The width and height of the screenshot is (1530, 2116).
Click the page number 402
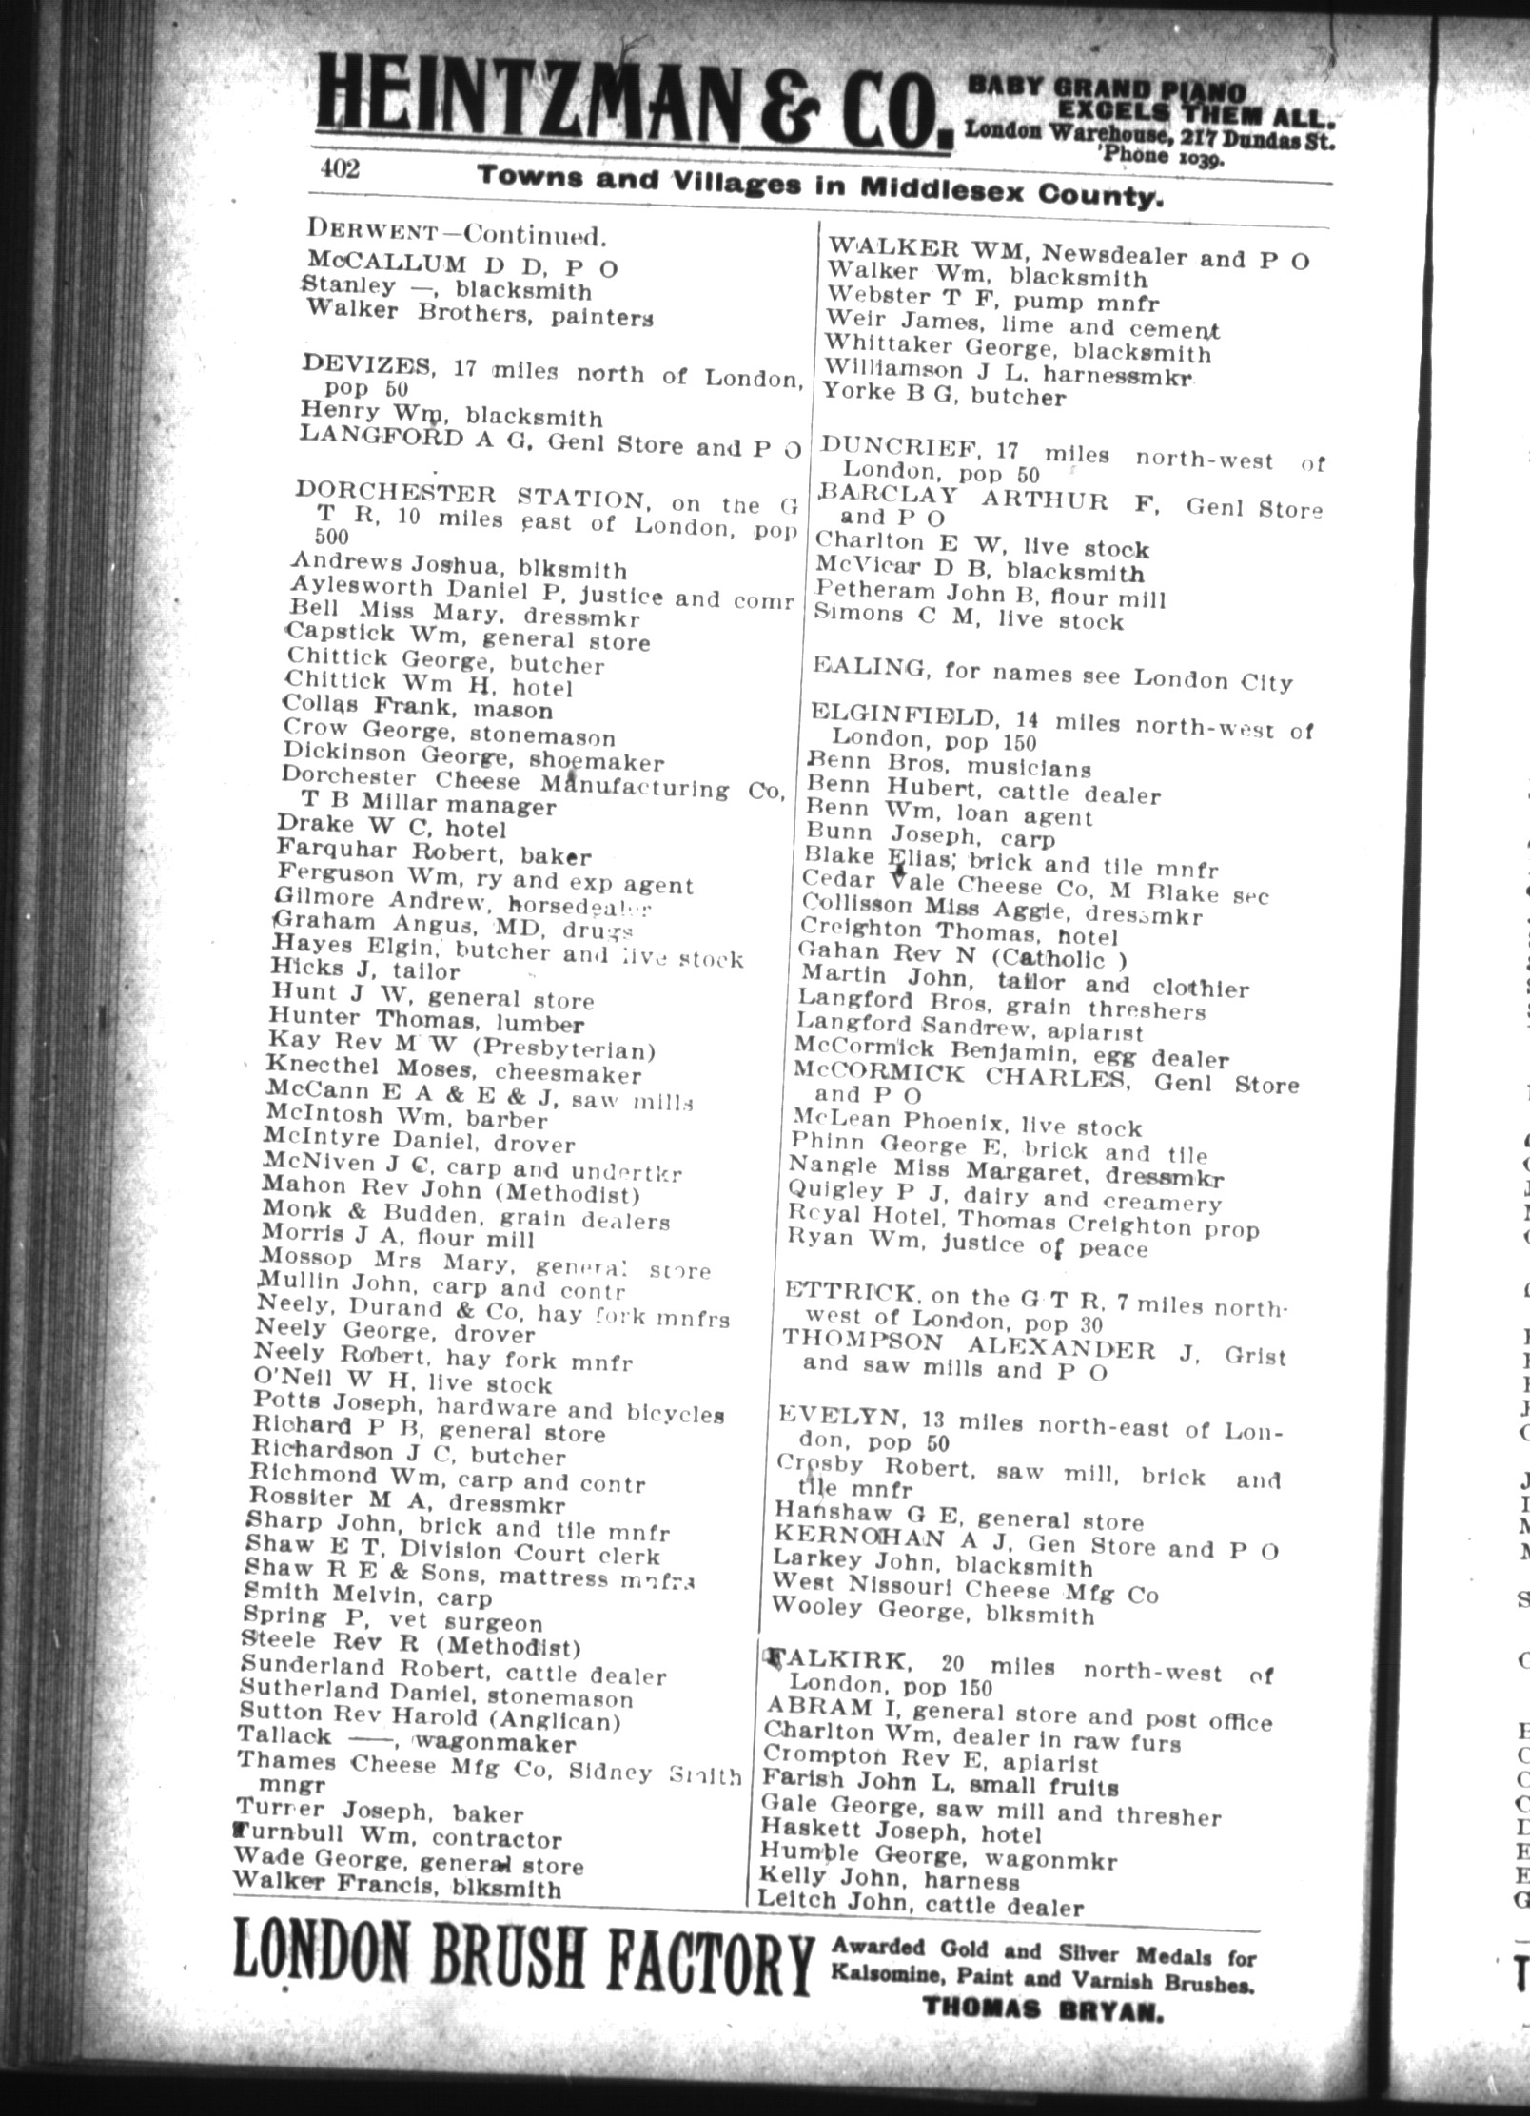point(341,168)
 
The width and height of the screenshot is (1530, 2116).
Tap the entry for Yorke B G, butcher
point(943,394)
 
